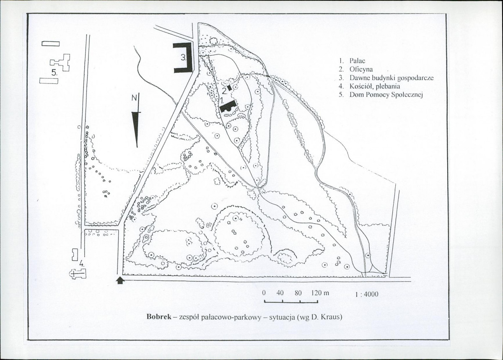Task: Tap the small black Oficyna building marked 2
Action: (x=229, y=88)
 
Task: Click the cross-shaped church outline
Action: (x=78, y=274)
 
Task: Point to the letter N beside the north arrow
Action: (x=134, y=98)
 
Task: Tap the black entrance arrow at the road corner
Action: (x=120, y=281)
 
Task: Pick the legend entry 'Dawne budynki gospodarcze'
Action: (x=392, y=78)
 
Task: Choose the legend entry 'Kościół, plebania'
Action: (x=375, y=86)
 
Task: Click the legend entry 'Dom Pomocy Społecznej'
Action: (x=386, y=95)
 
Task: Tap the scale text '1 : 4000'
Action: (x=367, y=294)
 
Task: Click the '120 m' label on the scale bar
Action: (x=320, y=293)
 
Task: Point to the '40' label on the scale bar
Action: (x=280, y=293)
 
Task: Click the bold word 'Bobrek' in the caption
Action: (x=159, y=317)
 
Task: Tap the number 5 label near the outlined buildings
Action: (x=54, y=73)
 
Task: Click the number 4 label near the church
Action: (x=81, y=264)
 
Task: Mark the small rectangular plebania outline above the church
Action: (x=75, y=255)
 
